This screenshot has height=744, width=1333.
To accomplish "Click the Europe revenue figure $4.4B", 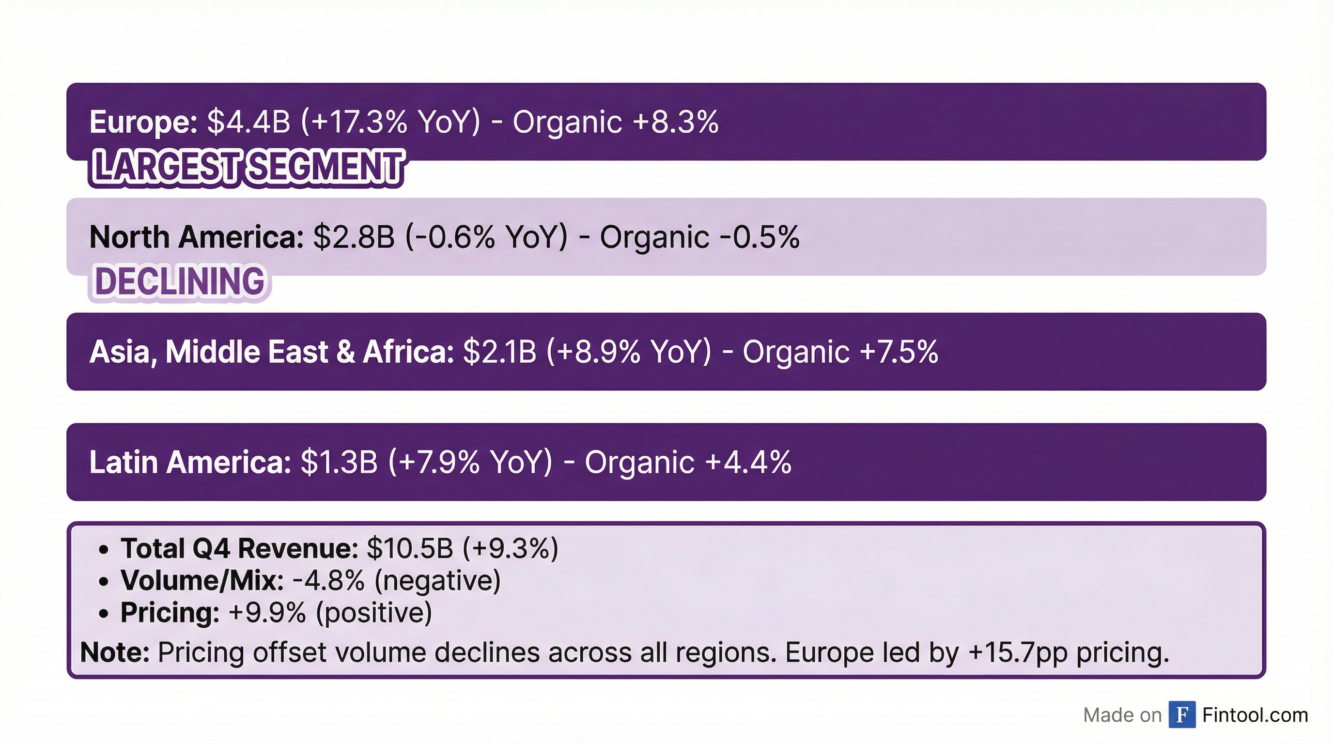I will point(248,122).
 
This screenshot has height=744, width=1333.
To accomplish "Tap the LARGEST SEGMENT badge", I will point(247,167).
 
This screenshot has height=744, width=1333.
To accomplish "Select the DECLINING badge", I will point(180,282).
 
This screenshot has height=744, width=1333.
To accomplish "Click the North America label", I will point(196,237).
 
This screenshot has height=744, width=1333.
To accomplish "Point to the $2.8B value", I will point(354,237).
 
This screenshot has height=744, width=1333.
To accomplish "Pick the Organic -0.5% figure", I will point(699,237).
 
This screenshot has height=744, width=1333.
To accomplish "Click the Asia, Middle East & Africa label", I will point(271,352).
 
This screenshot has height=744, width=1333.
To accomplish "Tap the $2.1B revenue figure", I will point(499,352).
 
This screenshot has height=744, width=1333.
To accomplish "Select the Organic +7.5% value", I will point(840,352).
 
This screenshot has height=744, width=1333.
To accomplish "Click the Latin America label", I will point(190,462).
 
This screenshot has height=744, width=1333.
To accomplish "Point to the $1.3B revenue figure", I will point(339,462).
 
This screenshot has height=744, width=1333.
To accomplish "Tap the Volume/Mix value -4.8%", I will point(328,580).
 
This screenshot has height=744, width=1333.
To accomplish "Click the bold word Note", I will point(114,652).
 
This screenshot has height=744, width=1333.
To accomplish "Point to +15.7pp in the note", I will point(1018,652).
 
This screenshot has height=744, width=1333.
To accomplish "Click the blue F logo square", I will point(1181,714).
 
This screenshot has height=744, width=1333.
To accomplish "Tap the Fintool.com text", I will point(1255,714).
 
